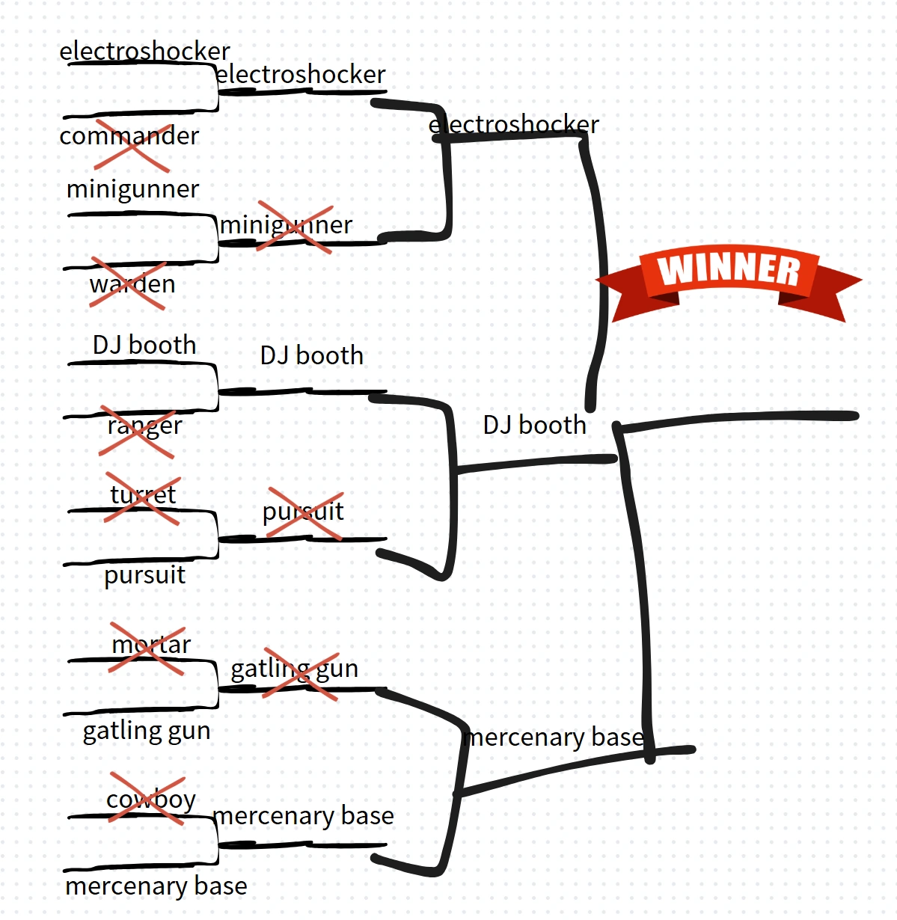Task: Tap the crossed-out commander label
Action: tap(129, 137)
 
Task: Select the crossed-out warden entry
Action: tap(132, 284)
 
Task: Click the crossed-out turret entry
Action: tap(142, 495)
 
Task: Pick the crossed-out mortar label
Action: tap(150, 645)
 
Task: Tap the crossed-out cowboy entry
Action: tap(150, 800)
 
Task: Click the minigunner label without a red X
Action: tap(132, 189)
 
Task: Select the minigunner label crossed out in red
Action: tap(287, 225)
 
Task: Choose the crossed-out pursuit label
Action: tap(303, 512)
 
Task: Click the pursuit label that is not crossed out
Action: tap(144, 575)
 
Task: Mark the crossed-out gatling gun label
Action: tap(294, 669)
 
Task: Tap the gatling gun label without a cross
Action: tap(147, 731)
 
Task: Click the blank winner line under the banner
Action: tap(741, 417)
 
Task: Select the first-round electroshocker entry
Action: tap(144, 52)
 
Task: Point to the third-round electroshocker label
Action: tap(514, 124)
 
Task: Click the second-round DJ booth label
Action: tap(312, 356)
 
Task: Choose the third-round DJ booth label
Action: tap(534, 426)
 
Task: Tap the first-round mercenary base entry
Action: tap(156, 886)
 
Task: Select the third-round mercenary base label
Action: tap(554, 737)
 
